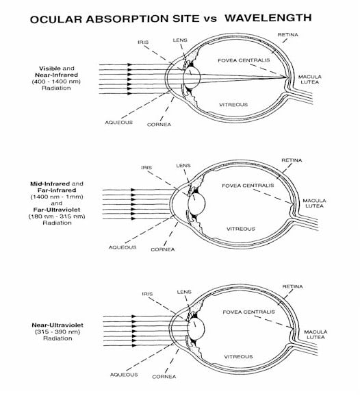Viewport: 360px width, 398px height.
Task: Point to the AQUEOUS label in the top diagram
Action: coord(118,122)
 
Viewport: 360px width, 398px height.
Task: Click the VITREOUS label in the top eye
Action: coord(233,105)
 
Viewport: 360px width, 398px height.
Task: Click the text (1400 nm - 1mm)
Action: coord(56,197)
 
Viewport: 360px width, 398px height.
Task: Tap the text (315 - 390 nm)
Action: coord(56,332)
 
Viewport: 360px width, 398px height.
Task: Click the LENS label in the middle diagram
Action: coord(183,165)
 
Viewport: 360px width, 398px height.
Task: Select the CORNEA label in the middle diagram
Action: coord(163,249)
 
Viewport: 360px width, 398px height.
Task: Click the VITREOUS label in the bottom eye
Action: coord(238,356)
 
